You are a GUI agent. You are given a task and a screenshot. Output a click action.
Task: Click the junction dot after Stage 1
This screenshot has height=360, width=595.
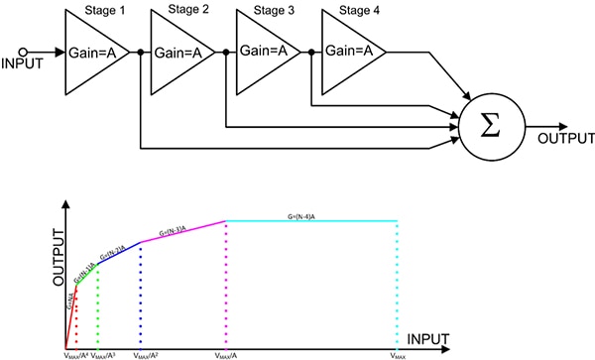point(141,51)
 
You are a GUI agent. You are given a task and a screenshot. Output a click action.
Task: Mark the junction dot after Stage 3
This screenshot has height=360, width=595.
point(311,51)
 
